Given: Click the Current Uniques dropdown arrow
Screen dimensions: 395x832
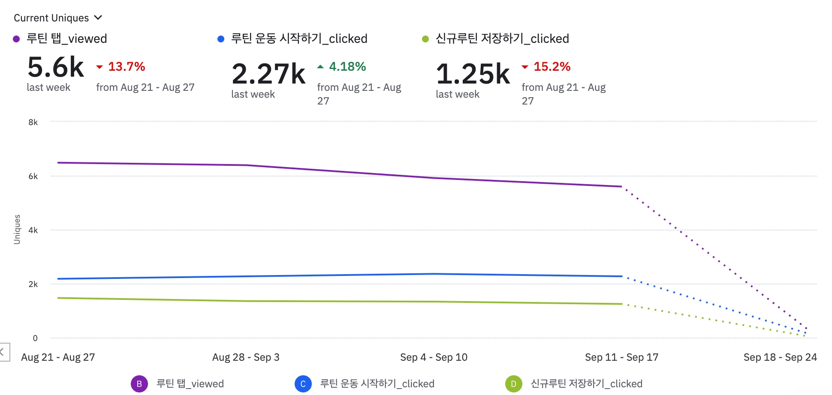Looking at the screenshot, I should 98,18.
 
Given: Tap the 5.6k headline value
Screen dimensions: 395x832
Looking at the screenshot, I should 56,67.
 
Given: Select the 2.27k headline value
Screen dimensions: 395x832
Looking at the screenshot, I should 268,74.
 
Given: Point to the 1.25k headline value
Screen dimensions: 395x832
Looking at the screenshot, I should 473,74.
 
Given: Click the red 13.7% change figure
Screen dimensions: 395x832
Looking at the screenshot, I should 126,67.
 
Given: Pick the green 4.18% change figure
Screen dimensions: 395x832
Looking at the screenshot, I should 347,67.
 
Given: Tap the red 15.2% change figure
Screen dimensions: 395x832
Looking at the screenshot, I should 552,67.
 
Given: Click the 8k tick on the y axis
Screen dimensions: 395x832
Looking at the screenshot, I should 33,123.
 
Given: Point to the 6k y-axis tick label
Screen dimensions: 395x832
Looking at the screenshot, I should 33,177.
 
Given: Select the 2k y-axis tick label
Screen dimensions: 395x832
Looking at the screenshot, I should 33,284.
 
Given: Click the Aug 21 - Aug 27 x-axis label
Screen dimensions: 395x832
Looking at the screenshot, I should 58,357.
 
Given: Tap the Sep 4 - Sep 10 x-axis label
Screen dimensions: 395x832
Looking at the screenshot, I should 434,357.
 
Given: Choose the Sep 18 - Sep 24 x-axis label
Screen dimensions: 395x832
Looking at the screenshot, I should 780,357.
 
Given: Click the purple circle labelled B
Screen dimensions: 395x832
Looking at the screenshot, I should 139,384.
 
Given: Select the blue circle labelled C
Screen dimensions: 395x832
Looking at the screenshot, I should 303,384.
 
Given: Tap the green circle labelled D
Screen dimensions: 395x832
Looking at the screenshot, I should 514,384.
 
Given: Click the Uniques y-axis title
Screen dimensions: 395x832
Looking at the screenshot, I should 17,230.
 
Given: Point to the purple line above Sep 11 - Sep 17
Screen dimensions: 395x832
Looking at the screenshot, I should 621,186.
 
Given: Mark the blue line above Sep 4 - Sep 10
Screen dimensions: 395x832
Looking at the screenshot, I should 434,274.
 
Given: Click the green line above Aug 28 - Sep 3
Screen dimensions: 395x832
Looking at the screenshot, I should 246,301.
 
